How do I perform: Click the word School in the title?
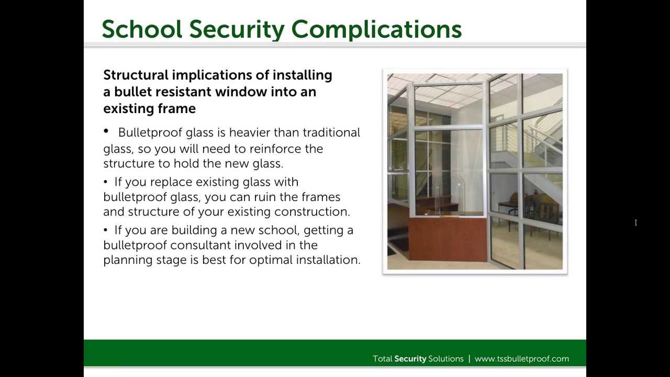[141, 29]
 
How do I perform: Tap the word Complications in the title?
[376, 29]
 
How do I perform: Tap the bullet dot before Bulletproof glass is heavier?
[107, 131]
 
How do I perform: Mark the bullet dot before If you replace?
[106, 182]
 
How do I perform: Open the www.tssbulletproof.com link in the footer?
[521, 359]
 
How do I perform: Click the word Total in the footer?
[382, 359]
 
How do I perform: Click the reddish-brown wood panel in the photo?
[448, 239]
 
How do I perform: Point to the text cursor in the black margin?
[636, 223]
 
